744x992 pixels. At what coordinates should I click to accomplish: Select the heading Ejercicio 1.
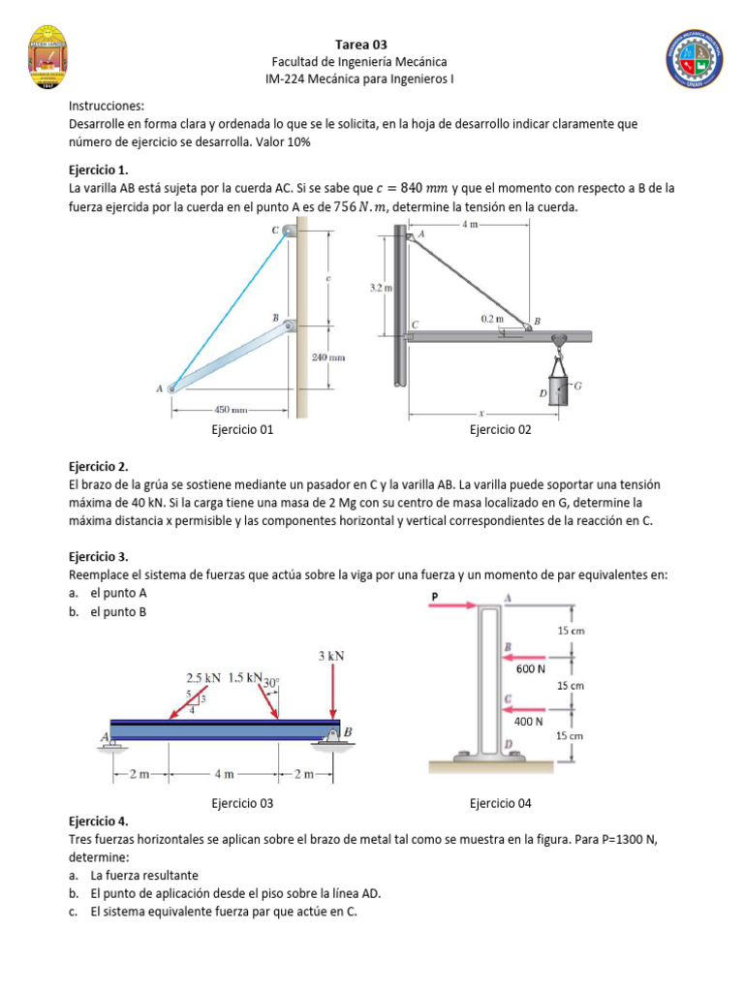click(99, 170)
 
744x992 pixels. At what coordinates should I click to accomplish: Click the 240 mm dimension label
click(328, 357)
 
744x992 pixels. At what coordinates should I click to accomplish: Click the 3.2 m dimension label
click(381, 288)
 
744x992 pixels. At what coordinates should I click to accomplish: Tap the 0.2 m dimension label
click(492, 318)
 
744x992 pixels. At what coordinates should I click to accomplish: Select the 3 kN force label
click(332, 656)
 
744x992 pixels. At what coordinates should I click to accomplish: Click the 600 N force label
click(530, 668)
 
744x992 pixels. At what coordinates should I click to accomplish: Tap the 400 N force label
click(529, 721)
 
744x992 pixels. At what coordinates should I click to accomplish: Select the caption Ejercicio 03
click(242, 802)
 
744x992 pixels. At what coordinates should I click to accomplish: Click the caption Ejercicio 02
click(500, 430)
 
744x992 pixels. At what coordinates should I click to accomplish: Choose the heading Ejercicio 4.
click(99, 821)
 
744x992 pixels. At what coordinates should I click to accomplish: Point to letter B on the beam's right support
click(348, 731)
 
